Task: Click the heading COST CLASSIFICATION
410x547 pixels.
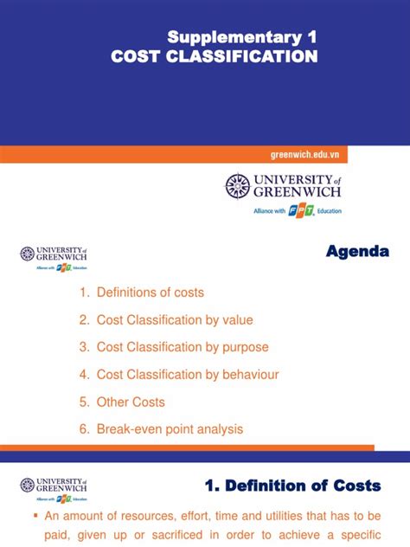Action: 215,56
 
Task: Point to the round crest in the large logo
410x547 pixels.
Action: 237,186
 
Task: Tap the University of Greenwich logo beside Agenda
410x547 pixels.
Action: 54,257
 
